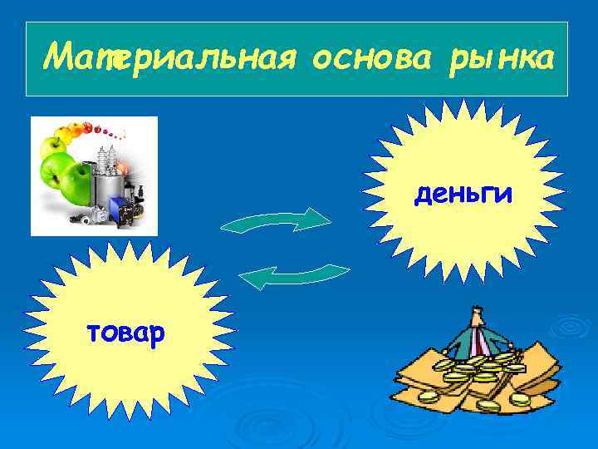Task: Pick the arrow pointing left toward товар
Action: pyautogui.click(x=299, y=276)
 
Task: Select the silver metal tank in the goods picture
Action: pyautogui.click(x=105, y=182)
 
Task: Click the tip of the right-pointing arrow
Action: pyautogui.click(x=328, y=219)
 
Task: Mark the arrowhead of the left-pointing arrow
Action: pyautogui.click(x=249, y=281)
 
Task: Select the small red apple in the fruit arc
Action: pyautogui.click(x=99, y=129)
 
